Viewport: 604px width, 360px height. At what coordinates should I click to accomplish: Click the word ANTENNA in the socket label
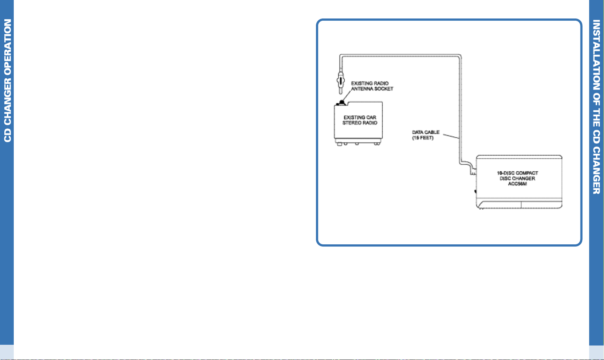[361, 89]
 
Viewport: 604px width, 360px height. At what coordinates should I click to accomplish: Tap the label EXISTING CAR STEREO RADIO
[360, 120]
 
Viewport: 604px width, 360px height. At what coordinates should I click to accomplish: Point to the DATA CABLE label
[426, 132]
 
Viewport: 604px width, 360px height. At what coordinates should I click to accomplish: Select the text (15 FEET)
[422, 138]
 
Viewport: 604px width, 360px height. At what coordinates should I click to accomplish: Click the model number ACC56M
[517, 184]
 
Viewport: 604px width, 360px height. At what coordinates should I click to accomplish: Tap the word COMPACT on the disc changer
[527, 173]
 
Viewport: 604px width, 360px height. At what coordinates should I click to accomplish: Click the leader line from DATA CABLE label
[451, 136]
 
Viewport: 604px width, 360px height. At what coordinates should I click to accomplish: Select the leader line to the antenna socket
[347, 96]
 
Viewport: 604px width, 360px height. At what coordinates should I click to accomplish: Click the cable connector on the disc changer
[473, 171]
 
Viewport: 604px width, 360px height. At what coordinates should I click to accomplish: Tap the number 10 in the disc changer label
[500, 173]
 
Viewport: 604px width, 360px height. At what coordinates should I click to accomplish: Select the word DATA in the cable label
[418, 132]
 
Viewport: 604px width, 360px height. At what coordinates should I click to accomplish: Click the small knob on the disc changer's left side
[475, 191]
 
